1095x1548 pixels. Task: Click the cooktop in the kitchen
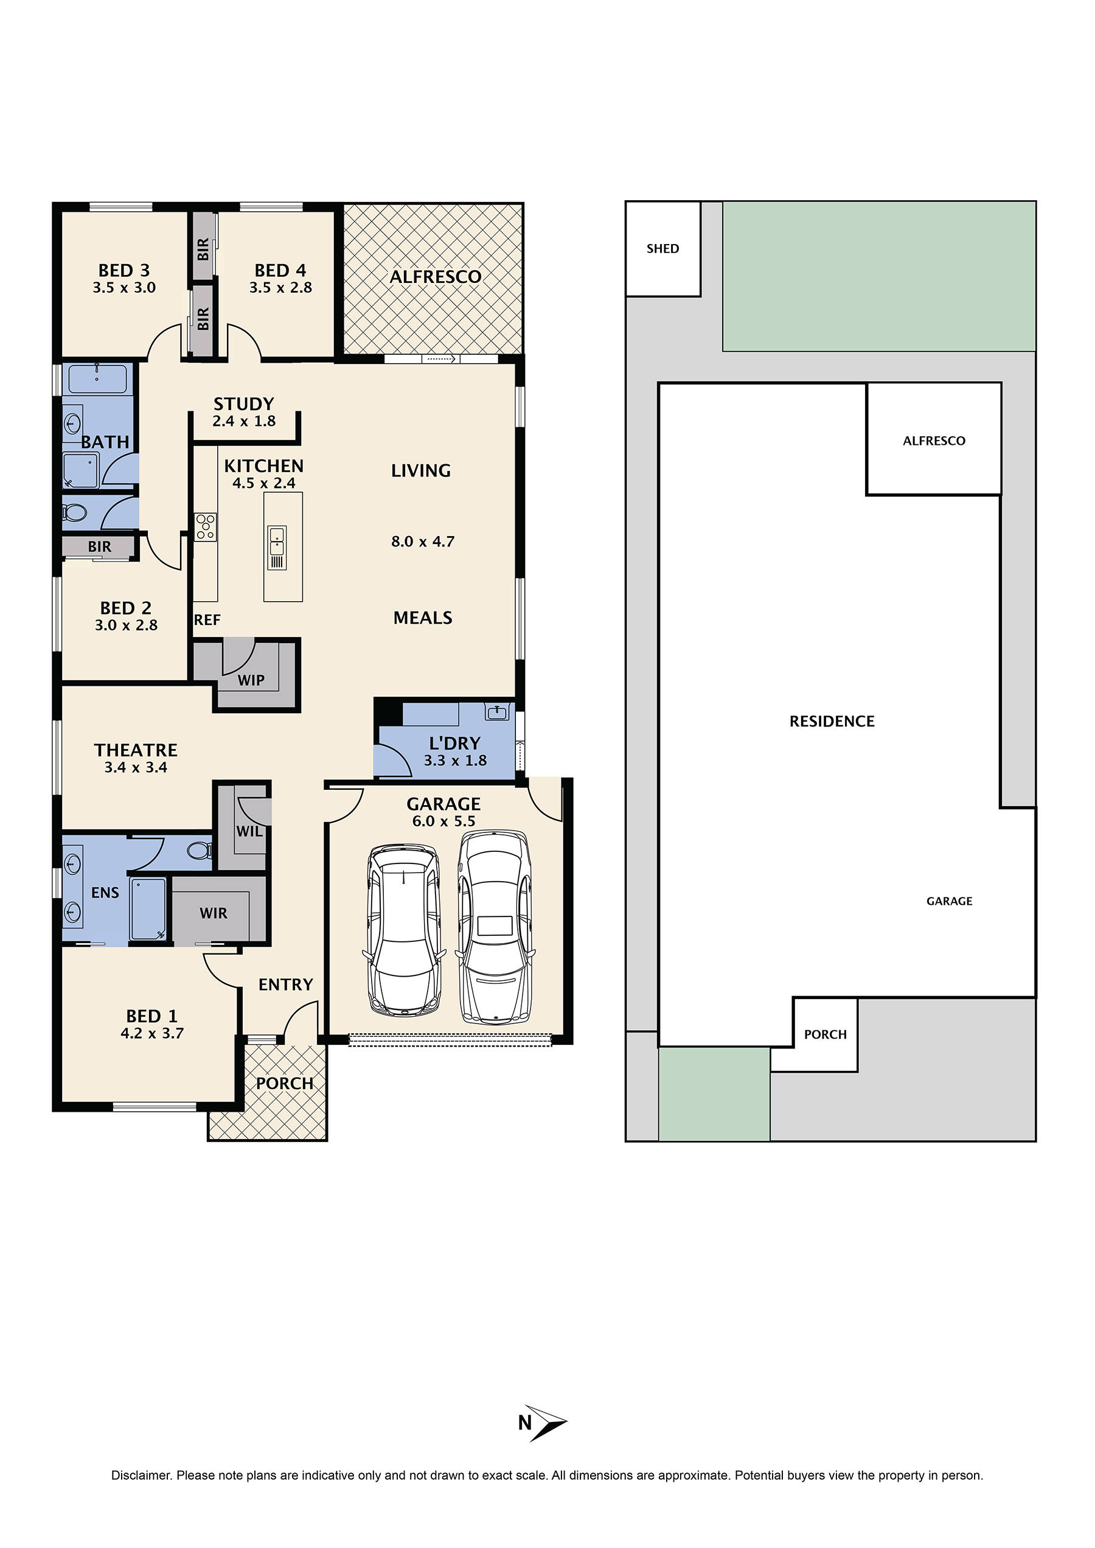point(206,527)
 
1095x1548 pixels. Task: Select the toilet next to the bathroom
point(75,514)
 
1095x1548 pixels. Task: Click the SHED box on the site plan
point(663,249)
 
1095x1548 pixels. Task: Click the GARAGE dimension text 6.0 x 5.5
point(443,821)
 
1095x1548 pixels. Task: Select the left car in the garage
point(405,932)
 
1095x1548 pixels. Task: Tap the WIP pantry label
point(251,680)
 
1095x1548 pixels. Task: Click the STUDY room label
point(243,404)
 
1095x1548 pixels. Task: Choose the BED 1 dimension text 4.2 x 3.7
point(151,1033)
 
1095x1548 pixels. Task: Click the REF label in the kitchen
point(207,620)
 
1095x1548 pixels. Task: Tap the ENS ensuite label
point(105,893)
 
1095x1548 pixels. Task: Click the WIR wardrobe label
point(213,913)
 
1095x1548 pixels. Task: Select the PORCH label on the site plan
point(825,1034)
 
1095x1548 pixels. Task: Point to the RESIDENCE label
point(832,722)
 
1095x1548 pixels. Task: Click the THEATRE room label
point(136,750)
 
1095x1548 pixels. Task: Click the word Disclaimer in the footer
point(141,1475)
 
